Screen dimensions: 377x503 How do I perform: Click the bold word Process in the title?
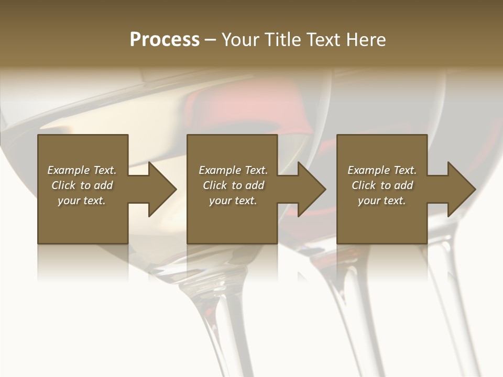[x=165, y=40]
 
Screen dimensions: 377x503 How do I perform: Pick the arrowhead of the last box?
[x=461, y=189]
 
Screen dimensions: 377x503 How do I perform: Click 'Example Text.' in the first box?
[x=82, y=170]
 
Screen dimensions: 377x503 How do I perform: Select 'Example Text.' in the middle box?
[x=233, y=170]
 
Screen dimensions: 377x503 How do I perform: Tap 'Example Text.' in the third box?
[x=382, y=170]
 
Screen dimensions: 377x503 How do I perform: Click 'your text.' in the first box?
[x=82, y=201]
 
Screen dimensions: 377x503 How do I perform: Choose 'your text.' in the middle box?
[x=233, y=201]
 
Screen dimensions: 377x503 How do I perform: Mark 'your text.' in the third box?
[x=382, y=201]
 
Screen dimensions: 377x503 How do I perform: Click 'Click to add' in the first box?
[x=82, y=185]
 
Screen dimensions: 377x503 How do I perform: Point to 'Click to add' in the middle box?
[x=233, y=185]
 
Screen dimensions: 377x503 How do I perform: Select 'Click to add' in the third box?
[x=382, y=185]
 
